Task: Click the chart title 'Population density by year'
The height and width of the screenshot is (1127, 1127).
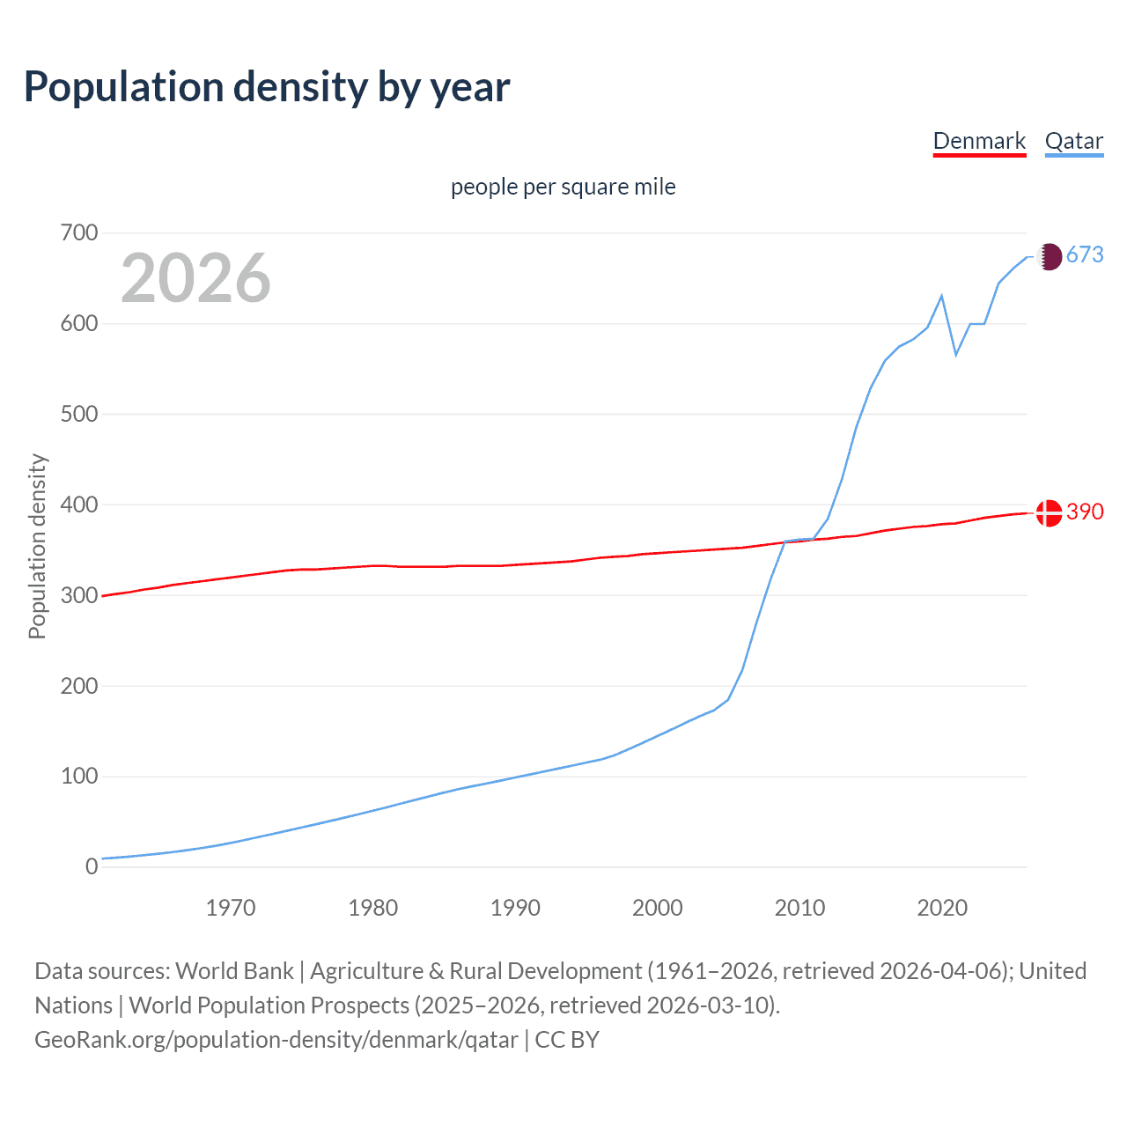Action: [267, 87]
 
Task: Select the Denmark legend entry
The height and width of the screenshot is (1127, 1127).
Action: [979, 141]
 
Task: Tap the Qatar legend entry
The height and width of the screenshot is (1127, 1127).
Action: [1073, 141]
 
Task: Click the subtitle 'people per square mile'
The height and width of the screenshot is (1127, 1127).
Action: [563, 187]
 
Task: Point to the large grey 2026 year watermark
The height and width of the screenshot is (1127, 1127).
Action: [195, 278]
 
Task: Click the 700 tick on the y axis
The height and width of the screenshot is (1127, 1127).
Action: [79, 233]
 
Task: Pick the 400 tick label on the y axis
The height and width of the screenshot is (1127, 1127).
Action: [79, 505]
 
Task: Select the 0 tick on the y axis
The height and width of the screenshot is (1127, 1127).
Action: [92, 866]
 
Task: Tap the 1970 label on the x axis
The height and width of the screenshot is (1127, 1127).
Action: [231, 908]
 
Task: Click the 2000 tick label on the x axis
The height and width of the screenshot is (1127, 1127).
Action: [657, 908]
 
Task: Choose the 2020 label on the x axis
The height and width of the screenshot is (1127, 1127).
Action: [942, 908]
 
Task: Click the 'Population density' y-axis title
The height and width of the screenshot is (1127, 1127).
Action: [37, 546]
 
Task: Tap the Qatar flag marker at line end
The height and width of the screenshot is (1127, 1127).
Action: [1049, 256]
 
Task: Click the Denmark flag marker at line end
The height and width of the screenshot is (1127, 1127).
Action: [1049, 512]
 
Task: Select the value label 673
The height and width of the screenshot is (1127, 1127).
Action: [1085, 255]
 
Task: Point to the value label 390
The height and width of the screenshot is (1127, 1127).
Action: [1085, 512]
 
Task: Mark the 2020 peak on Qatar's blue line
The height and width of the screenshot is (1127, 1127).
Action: [942, 296]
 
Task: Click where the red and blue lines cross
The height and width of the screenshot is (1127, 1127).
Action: [786, 541]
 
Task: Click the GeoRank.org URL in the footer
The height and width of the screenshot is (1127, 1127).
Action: [276, 1040]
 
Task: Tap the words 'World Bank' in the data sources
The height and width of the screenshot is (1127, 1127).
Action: [234, 971]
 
